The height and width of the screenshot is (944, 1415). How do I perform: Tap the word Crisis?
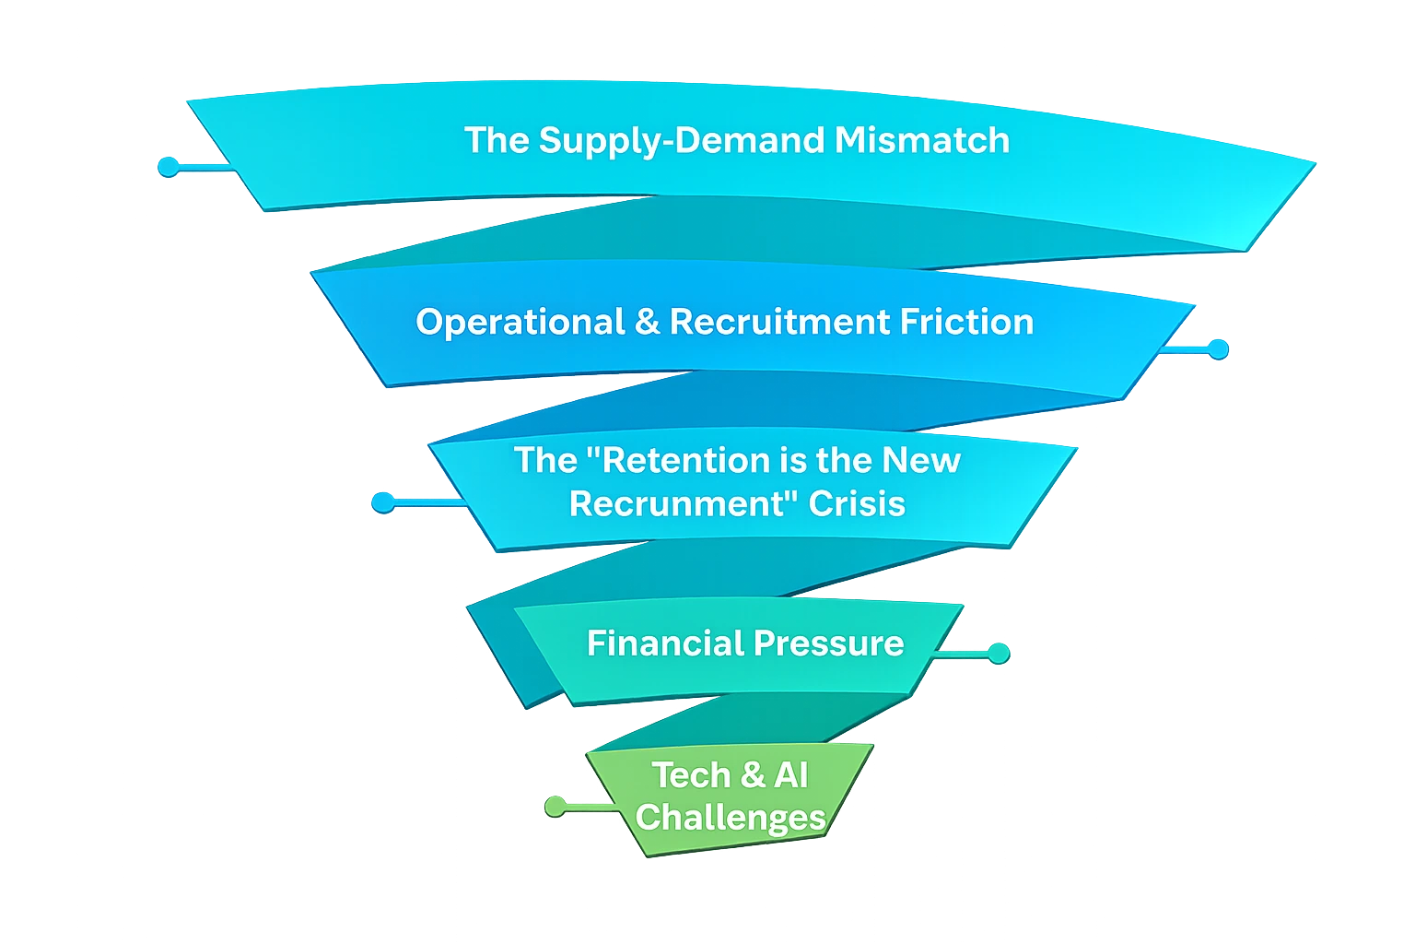pyautogui.click(x=857, y=504)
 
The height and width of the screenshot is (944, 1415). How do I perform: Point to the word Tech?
pyautogui.click(x=691, y=775)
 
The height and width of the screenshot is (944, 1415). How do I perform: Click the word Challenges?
pyautogui.click(x=730, y=818)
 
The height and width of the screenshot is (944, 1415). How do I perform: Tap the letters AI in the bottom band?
pyautogui.click(x=791, y=775)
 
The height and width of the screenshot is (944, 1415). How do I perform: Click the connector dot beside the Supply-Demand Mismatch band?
pyautogui.click(x=168, y=167)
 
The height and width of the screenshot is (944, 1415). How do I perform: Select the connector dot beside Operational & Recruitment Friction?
pyautogui.click(x=1218, y=349)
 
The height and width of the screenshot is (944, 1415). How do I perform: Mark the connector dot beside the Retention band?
pyautogui.click(x=382, y=502)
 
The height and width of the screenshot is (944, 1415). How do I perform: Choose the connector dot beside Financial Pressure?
pyautogui.click(x=998, y=654)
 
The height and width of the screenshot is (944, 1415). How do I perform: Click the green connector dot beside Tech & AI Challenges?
pyautogui.click(x=554, y=807)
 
